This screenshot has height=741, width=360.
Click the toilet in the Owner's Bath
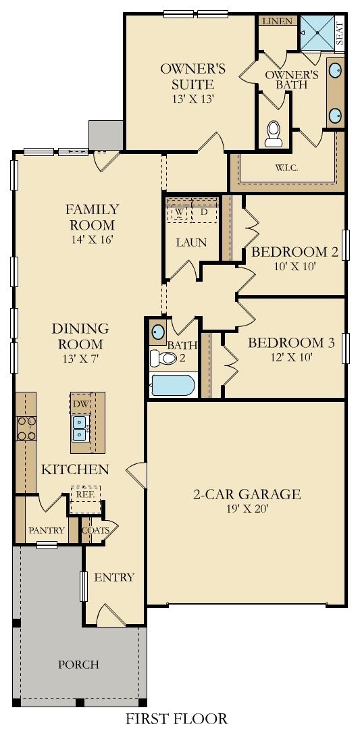pyautogui.click(x=274, y=133)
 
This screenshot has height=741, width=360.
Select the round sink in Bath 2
pyautogui.click(x=158, y=332)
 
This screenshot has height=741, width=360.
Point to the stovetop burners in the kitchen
pyautogui.click(x=26, y=428)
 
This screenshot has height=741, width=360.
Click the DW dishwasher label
pyautogui.click(x=80, y=403)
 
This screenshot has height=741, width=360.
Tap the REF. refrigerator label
pyautogui.click(x=84, y=494)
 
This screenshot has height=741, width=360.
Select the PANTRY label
pyautogui.click(x=47, y=530)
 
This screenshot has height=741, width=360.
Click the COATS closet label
pyautogui.click(x=95, y=530)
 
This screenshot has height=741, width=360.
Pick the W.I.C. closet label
pyautogui.click(x=286, y=167)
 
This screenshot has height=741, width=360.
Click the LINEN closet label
pyautogui.click(x=278, y=22)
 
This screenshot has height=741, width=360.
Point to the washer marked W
pyautogui.click(x=179, y=212)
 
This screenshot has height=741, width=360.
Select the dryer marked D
pyautogui.click(x=205, y=212)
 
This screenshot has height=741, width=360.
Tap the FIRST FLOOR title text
pyautogui.click(x=176, y=719)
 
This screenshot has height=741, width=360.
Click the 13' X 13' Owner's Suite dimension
pyautogui.click(x=192, y=99)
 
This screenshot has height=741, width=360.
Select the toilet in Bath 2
pyautogui.click(x=162, y=357)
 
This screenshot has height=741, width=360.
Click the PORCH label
pyautogui.click(x=80, y=665)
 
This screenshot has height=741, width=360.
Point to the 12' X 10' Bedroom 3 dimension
pyautogui.click(x=290, y=357)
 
